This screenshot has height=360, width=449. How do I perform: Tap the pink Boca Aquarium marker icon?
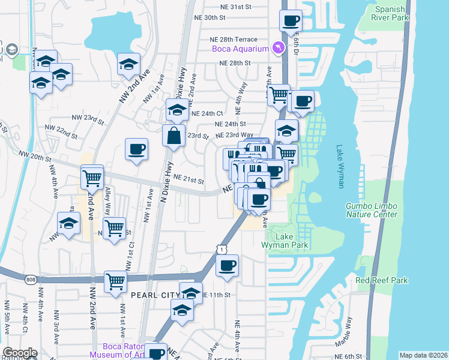point(278,47)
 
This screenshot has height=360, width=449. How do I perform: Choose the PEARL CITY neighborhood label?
point(155,295)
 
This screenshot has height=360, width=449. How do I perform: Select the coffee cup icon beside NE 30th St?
point(291,21)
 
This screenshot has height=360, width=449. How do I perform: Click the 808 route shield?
point(31,279)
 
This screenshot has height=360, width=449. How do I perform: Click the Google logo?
point(19,353)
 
